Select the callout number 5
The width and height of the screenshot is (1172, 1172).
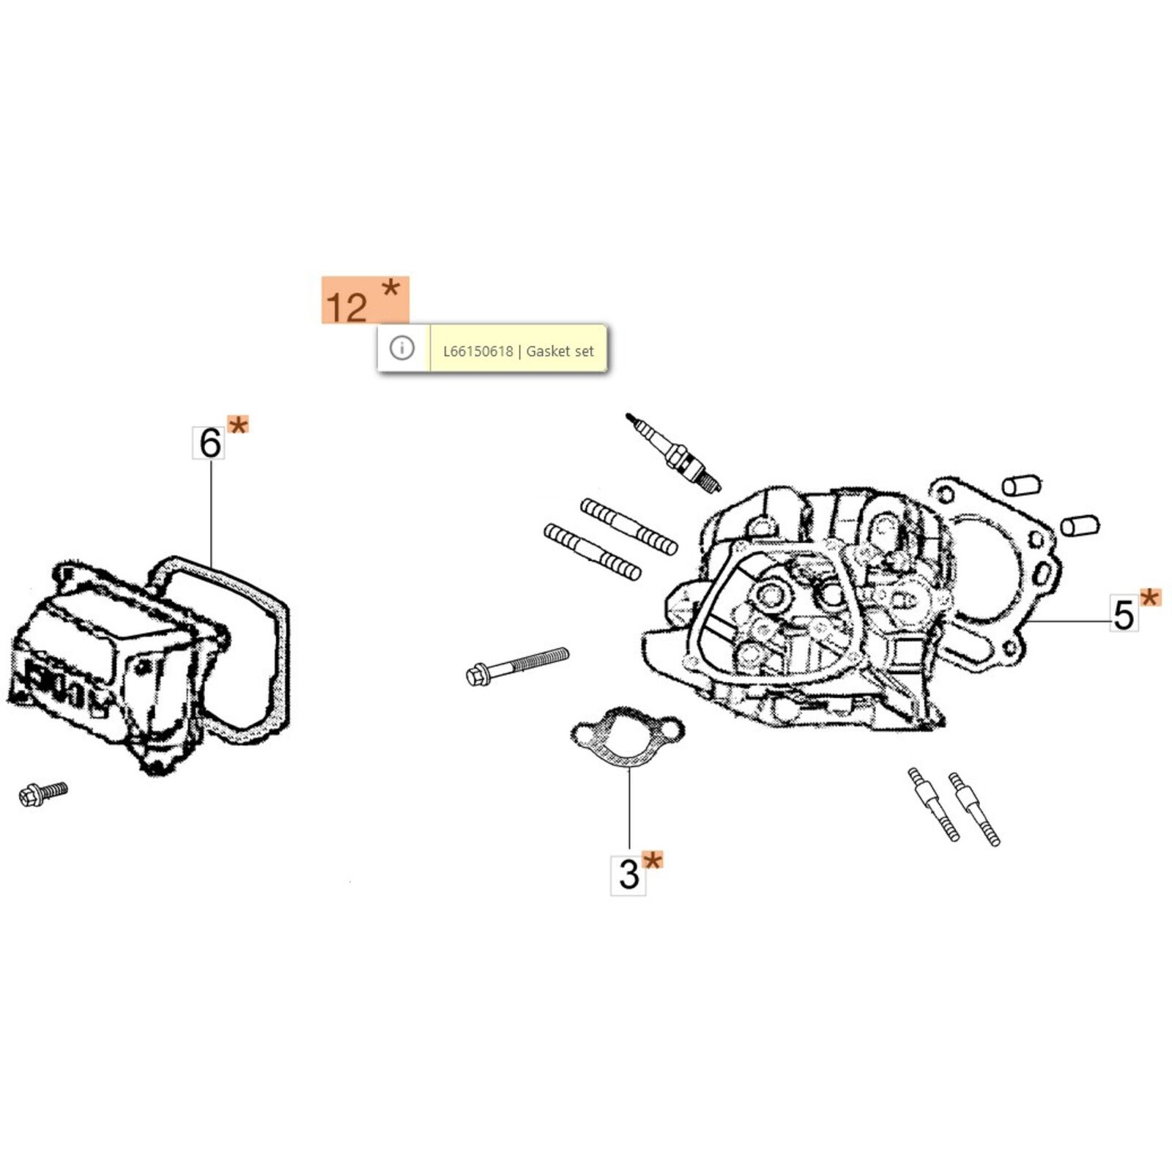(1124, 615)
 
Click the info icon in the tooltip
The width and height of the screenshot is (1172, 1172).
(402, 347)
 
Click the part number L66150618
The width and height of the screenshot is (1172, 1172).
(478, 352)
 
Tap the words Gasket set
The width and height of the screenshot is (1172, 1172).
(560, 352)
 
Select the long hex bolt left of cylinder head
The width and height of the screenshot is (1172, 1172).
(517, 664)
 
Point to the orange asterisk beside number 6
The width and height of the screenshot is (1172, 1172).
(238, 424)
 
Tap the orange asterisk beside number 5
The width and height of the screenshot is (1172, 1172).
(1151, 598)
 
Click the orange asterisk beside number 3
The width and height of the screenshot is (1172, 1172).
(652, 860)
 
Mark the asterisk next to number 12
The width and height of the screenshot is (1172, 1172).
(391, 288)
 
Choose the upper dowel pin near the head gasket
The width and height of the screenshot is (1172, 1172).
(1021, 485)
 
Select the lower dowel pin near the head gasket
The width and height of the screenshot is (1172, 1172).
(1080, 524)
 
